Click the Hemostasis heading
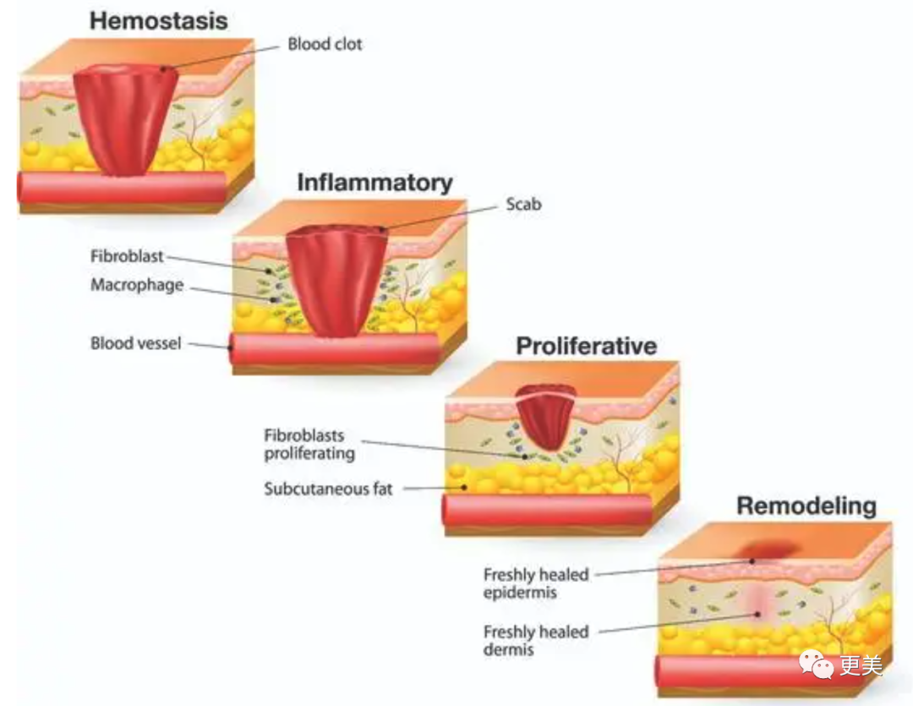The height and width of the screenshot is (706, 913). point(159,20)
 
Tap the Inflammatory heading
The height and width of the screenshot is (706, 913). point(374,182)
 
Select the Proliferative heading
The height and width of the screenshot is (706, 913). point(586,345)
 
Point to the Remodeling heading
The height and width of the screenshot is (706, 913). point(806,506)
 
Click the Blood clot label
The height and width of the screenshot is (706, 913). point(325,44)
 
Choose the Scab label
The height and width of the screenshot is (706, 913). point(523,204)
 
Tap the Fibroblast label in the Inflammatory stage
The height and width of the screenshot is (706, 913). point(127,255)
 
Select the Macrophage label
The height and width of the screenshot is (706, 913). point(137,285)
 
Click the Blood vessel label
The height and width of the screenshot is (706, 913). point(136,343)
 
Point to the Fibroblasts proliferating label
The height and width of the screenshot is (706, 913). point(309,445)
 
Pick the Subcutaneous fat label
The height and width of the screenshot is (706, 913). point(328,489)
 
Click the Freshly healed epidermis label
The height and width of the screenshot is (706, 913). point(536,583)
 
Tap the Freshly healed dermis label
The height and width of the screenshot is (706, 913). point(536,641)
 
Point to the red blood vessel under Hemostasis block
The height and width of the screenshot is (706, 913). point(123,187)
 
